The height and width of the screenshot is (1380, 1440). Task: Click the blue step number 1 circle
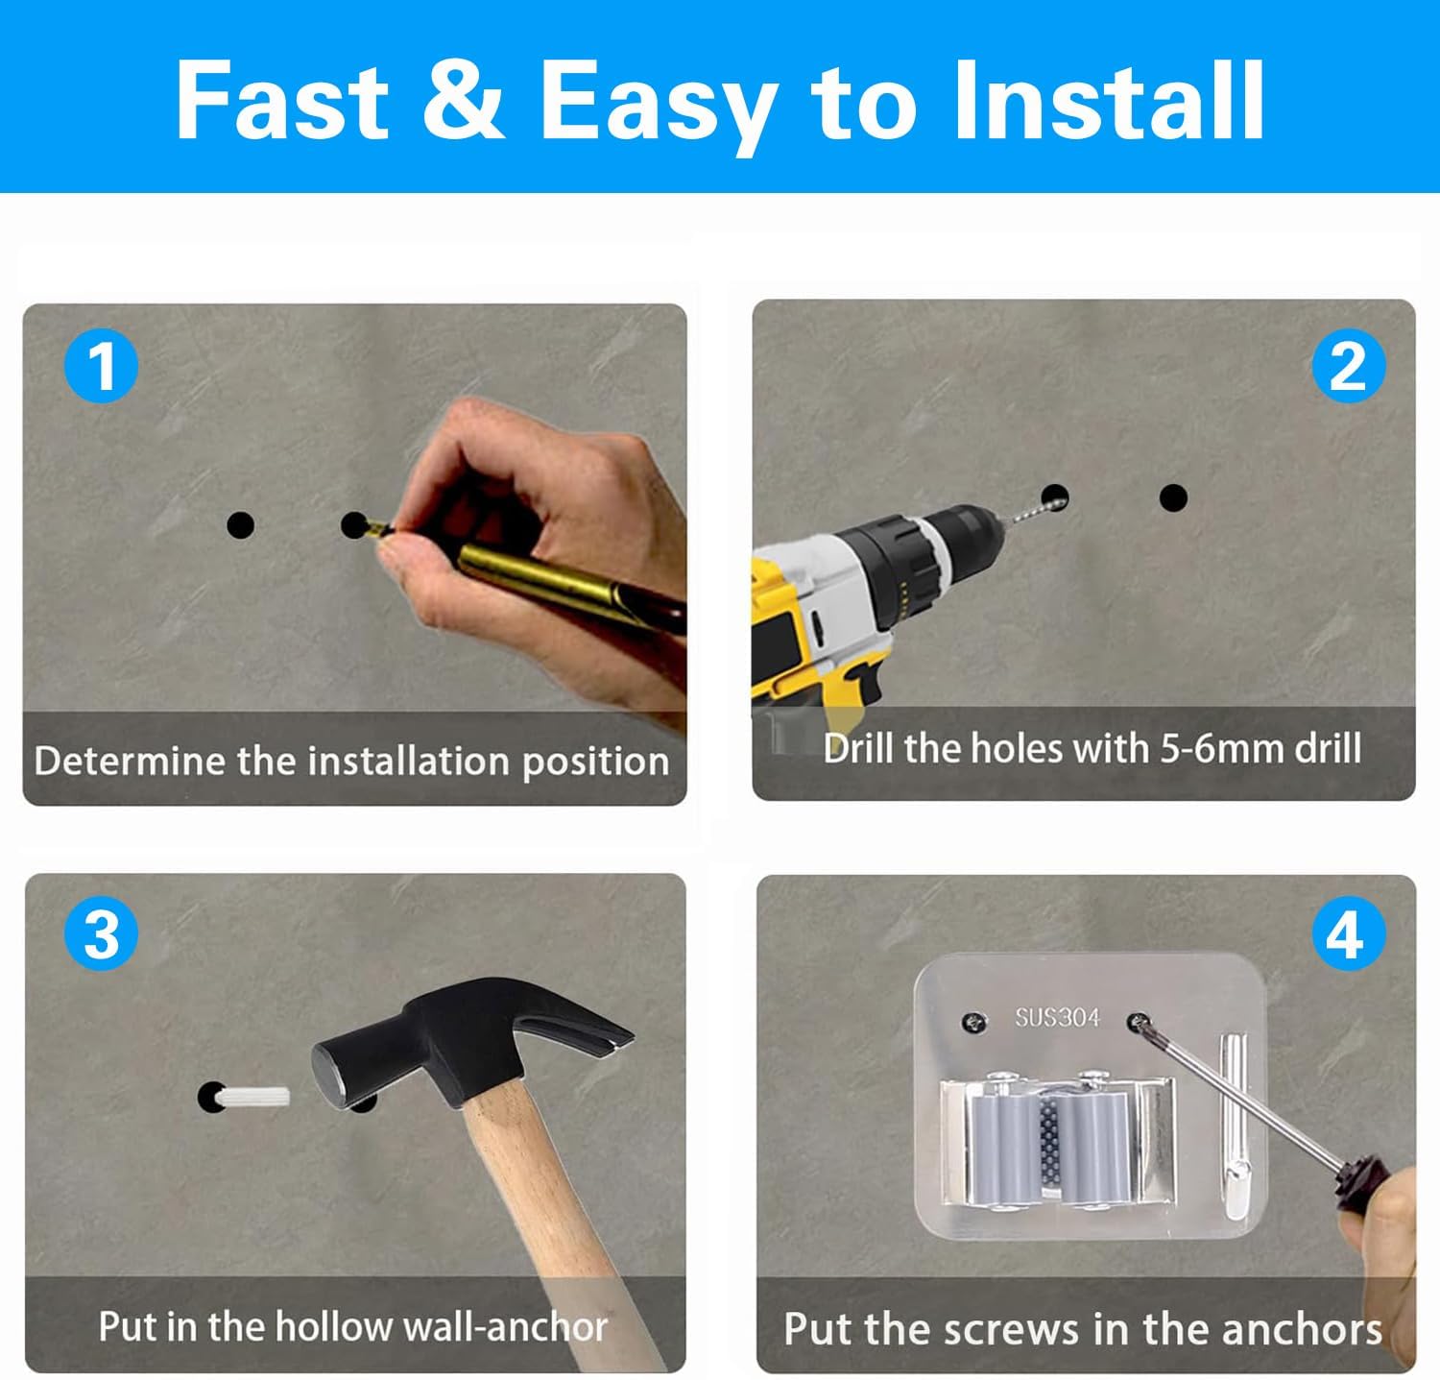pyautogui.click(x=101, y=366)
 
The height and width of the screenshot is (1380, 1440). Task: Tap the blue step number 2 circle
pyautogui.click(x=1349, y=366)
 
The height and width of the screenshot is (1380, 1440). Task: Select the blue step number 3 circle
pyautogui.click(x=101, y=933)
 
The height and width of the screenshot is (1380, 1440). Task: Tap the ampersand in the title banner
pyautogui.click(x=464, y=101)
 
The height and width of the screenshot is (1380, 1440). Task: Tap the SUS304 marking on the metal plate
pyautogui.click(x=1057, y=1017)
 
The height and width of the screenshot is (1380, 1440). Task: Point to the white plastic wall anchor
pyautogui.click(x=253, y=1097)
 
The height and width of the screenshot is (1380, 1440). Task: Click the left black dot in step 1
pyautogui.click(x=240, y=525)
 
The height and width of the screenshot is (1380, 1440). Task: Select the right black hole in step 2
pyautogui.click(x=1173, y=497)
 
